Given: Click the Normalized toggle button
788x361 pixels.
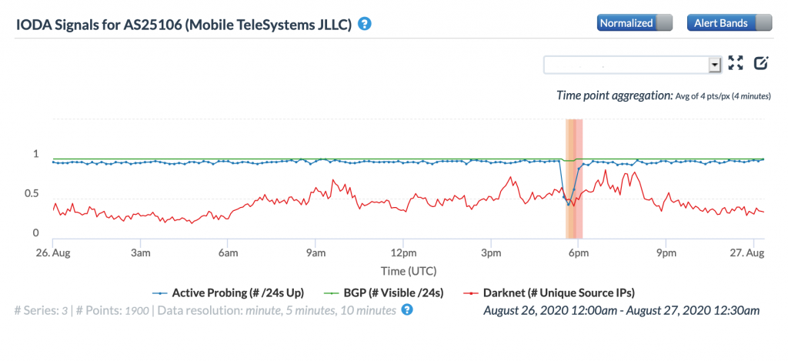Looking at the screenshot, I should coord(634,23).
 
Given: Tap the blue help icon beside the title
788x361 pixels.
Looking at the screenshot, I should coord(365,24).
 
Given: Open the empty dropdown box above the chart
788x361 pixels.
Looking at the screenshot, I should coord(632,65).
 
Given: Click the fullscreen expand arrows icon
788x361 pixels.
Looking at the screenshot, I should coord(736,64).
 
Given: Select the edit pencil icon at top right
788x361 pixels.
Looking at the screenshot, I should coord(761,64).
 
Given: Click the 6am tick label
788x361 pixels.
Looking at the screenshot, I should coord(228,252).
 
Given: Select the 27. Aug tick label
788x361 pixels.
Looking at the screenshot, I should coord(746,252).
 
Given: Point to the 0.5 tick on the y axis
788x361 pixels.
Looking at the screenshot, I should coord(31,193).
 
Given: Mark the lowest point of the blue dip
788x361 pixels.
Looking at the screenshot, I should coord(569,205).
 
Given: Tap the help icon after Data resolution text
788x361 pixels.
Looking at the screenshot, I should coord(407,309).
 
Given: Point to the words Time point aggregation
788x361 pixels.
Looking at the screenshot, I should coord(614,95).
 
